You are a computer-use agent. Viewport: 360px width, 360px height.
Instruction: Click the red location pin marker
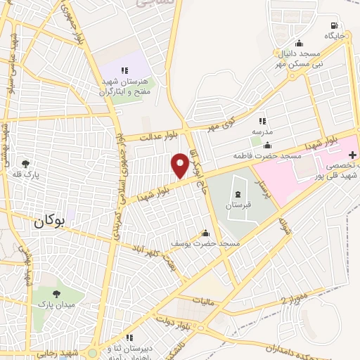pyautogui.click(x=180, y=165)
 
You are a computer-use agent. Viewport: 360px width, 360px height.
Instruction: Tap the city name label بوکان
pyautogui.click(x=49, y=221)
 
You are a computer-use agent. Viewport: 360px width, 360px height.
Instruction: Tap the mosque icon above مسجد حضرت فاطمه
pyautogui.click(x=267, y=146)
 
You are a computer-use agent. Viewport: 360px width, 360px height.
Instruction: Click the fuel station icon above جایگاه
pyautogui.click(x=333, y=23)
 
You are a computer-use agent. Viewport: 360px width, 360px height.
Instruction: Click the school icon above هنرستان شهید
pyautogui.click(x=125, y=70)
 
